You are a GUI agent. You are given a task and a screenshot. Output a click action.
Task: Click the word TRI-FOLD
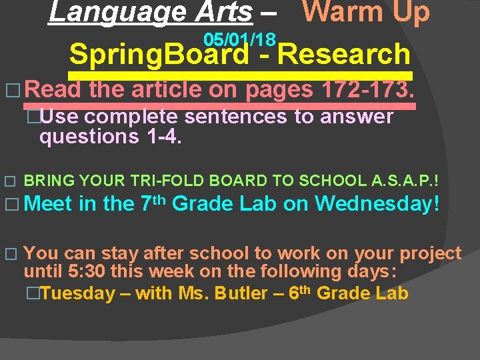pyautogui.click(x=173, y=181)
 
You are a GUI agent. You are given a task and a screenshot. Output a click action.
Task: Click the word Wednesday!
pyautogui.click(x=377, y=203)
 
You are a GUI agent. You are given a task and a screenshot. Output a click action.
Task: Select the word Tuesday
pyautogui.click(x=77, y=294)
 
